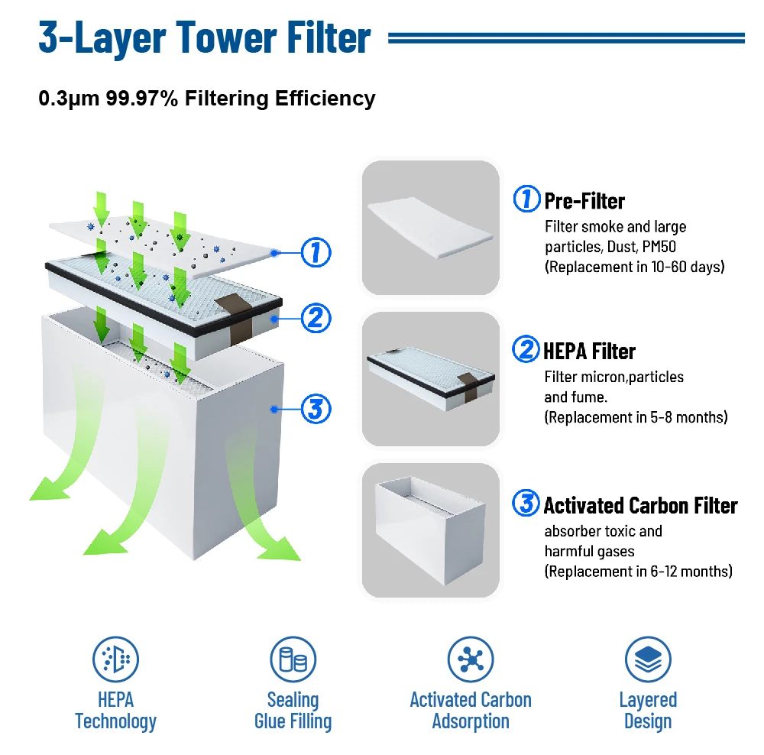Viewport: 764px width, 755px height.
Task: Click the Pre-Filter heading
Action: click(x=584, y=201)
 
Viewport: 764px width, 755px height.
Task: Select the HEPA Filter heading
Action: click(x=589, y=351)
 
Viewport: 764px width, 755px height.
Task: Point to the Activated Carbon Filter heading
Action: click(x=640, y=505)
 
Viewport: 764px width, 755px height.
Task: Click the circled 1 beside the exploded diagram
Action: click(x=316, y=251)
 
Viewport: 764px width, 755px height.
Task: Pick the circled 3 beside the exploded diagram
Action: click(x=316, y=409)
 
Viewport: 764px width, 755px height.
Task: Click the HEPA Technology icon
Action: click(x=115, y=659)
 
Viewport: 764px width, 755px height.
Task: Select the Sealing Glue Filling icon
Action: click(x=293, y=659)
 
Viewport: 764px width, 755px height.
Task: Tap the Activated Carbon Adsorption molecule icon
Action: click(x=470, y=659)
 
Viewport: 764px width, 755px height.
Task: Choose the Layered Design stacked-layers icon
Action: click(x=648, y=659)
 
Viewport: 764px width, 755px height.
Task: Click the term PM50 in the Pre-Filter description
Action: click(x=662, y=247)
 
